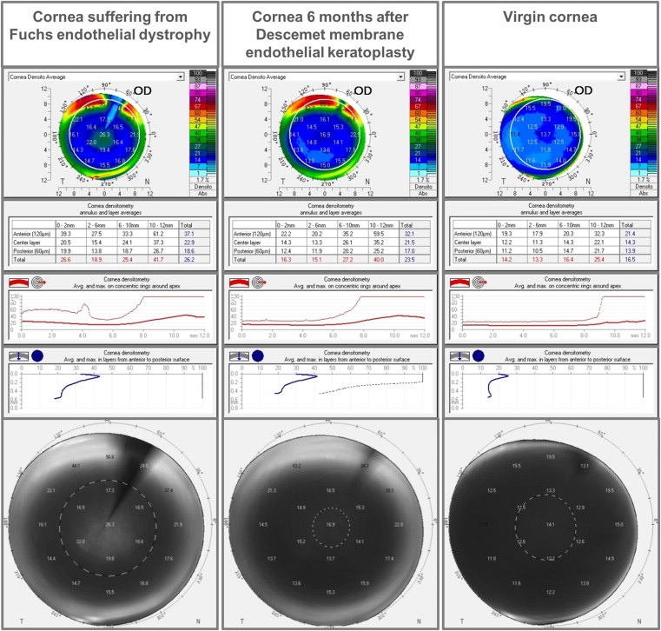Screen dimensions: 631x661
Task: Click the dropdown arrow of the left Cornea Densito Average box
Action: click(x=181, y=76)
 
